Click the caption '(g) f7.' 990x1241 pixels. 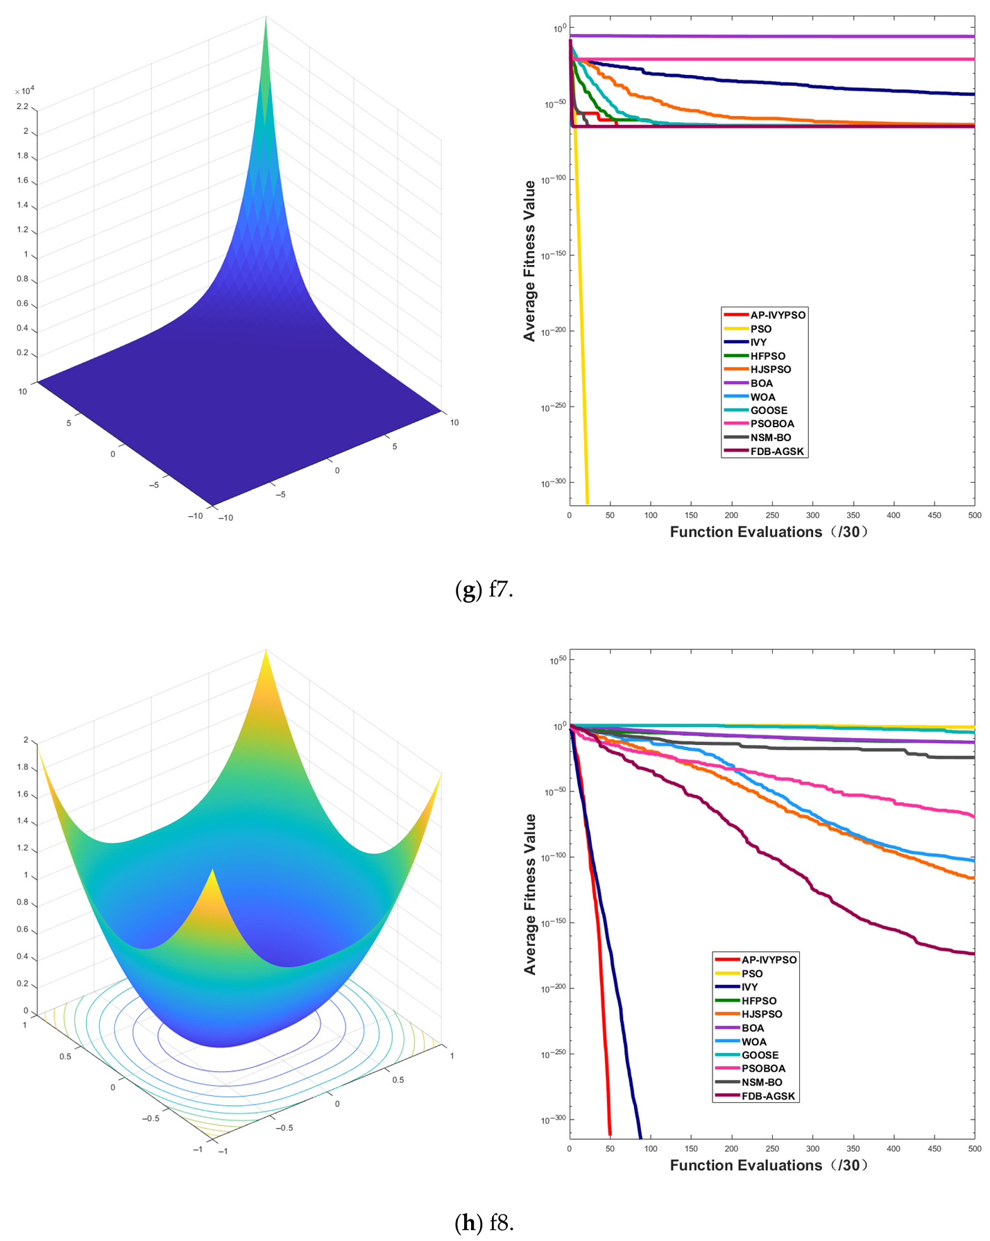click(484, 590)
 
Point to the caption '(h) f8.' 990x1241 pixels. click(484, 1222)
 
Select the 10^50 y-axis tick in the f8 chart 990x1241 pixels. click(557, 660)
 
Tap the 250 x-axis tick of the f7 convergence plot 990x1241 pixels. click(772, 515)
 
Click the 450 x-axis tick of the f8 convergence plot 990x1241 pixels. click(934, 1149)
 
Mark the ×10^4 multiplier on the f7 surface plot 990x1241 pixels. click(24, 91)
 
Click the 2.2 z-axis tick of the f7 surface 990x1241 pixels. click(22, 107)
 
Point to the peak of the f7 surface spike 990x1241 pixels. click(266, 17)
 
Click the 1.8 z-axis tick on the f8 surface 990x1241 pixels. click(22, 767)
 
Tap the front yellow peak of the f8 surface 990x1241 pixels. click(212, 871)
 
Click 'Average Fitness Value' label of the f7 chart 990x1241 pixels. click(529, 260)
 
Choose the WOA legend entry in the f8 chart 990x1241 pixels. click(753, 1041)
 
